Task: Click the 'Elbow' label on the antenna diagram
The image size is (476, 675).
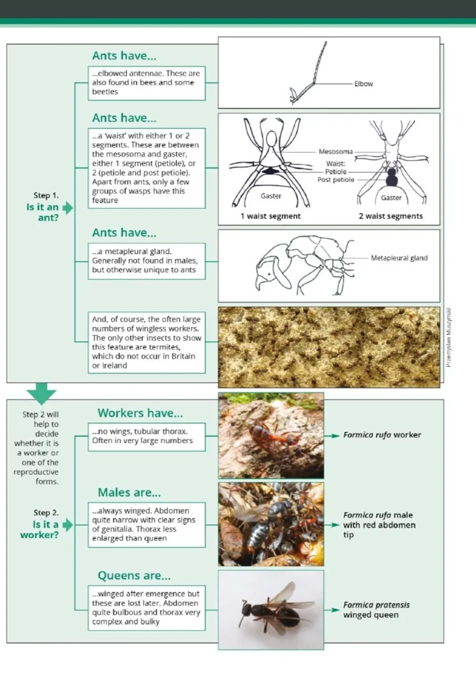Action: coord(363,84)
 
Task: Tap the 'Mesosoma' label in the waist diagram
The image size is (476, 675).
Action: coord(335,152)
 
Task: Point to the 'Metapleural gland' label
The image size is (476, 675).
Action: coord(399,258)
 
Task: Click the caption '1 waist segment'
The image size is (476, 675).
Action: coord(270,216)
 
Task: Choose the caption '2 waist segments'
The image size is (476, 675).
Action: coord(391,216)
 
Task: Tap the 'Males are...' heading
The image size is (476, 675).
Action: coord(129,493)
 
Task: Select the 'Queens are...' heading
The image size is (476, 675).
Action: coord(134,575)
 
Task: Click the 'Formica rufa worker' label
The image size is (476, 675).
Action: coord(382,435)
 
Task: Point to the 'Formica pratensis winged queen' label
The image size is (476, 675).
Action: coord(376,610)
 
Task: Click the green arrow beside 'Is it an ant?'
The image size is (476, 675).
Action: coord(67,208)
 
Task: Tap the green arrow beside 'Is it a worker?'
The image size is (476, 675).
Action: coord(67,525)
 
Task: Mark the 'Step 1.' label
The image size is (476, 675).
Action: coord(46,196)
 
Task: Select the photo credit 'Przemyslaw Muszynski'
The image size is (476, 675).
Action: coord(449,337)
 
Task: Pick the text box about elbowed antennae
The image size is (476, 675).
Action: coord(147,83)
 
